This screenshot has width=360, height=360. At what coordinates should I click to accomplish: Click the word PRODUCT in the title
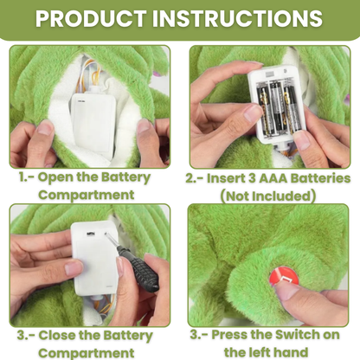91,18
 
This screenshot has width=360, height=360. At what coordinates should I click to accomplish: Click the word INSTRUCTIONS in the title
237,18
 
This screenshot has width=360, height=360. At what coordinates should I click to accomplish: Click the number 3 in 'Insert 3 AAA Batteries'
252,178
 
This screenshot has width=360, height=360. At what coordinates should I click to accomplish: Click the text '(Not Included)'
268,196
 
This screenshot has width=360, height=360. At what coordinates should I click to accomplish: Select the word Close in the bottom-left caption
57,335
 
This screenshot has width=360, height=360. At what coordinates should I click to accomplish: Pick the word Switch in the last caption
296,335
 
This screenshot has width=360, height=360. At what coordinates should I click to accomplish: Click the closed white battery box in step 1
93,123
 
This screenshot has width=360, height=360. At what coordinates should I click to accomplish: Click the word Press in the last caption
228,335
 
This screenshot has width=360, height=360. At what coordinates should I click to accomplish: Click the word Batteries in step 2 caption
320,178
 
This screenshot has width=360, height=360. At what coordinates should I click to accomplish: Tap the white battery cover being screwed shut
93,257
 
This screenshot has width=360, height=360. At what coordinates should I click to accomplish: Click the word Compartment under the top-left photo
87,195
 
